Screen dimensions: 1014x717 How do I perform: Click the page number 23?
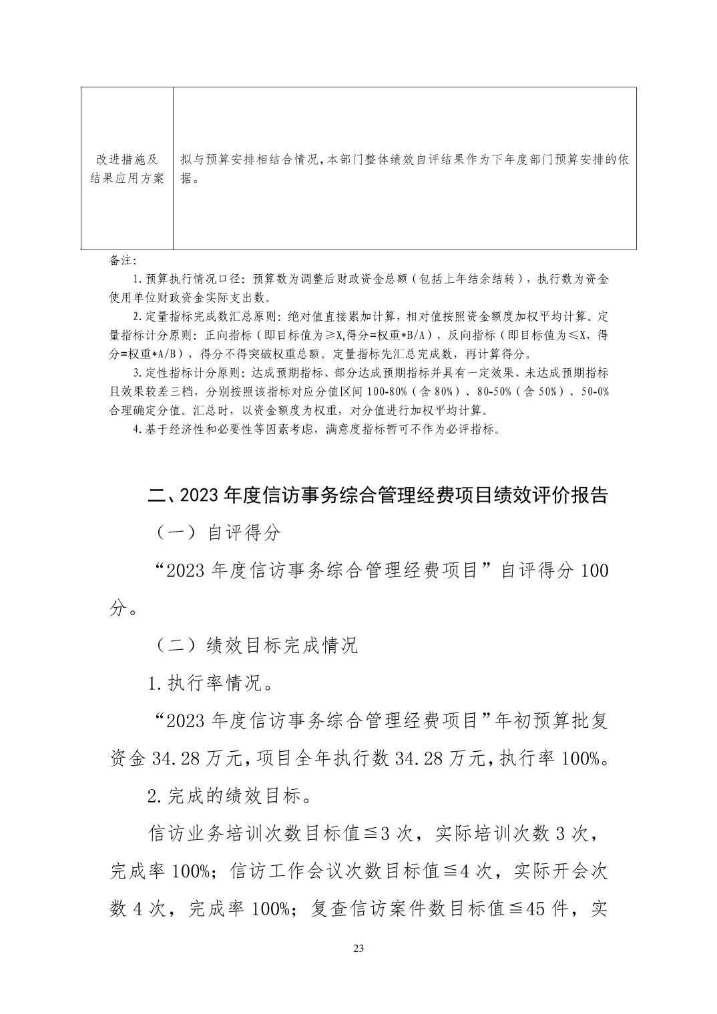[x=358, y=949]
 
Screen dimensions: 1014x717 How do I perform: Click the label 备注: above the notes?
[x=123, y=260]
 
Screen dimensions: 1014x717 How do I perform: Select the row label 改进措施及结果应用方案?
[x=127, y=169]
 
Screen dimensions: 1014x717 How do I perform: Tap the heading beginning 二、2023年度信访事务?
[x=377, y=495]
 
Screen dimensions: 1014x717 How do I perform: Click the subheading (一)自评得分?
[x=218, y=532]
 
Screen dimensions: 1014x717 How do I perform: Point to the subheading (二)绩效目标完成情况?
[x=256, y=645]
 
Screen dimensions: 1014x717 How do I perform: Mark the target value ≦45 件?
[x=541, y=909]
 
